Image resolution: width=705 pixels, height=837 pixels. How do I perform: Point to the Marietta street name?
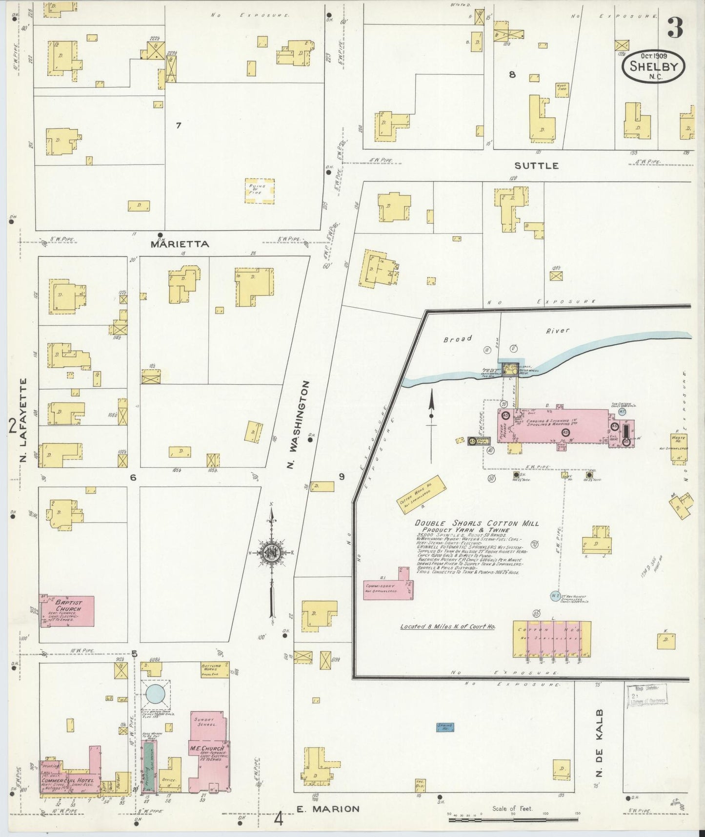click(180, 244)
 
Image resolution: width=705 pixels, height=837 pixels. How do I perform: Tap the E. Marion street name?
click(328, 809)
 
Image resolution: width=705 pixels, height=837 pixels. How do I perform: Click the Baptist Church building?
click(67, 611)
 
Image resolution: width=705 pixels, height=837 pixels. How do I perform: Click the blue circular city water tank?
click(156, 694)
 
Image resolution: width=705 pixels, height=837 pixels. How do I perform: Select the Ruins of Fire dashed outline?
click(259, 190)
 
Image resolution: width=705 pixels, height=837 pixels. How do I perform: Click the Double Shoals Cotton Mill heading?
click(477, 523)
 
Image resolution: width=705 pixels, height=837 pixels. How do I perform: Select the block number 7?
click(179, 126)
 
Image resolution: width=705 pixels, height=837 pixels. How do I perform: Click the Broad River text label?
click(507, 335)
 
